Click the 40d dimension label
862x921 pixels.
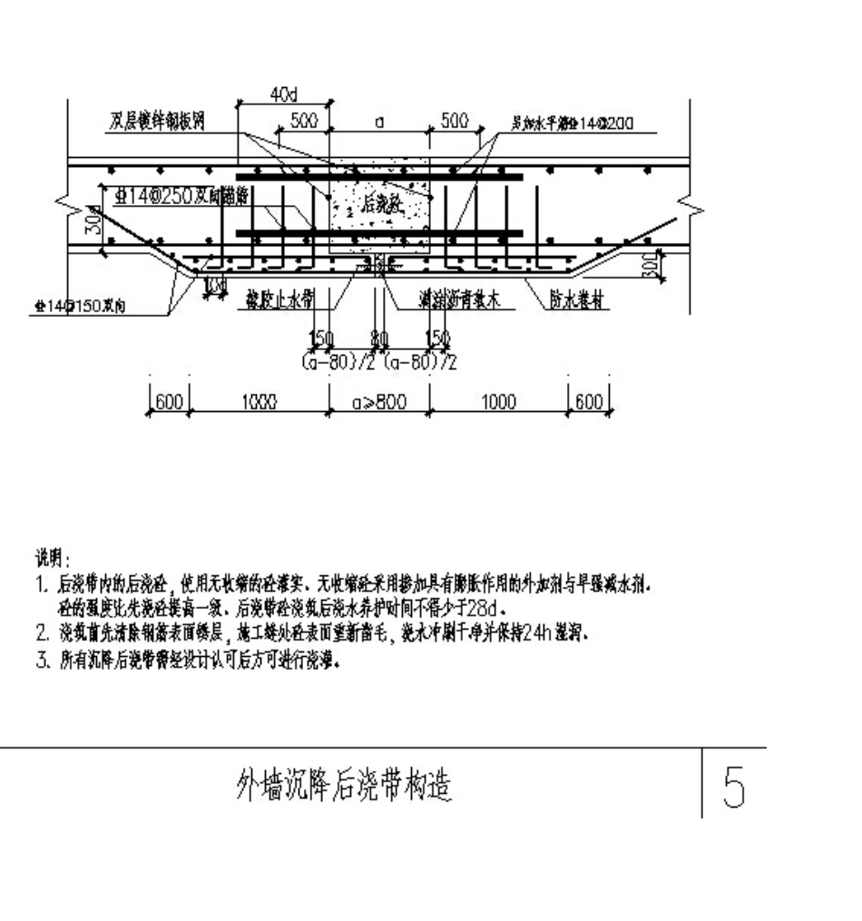pos(283,94)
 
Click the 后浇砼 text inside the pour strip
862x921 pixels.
pos(382,205)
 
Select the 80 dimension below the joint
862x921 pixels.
pos(380,338)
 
